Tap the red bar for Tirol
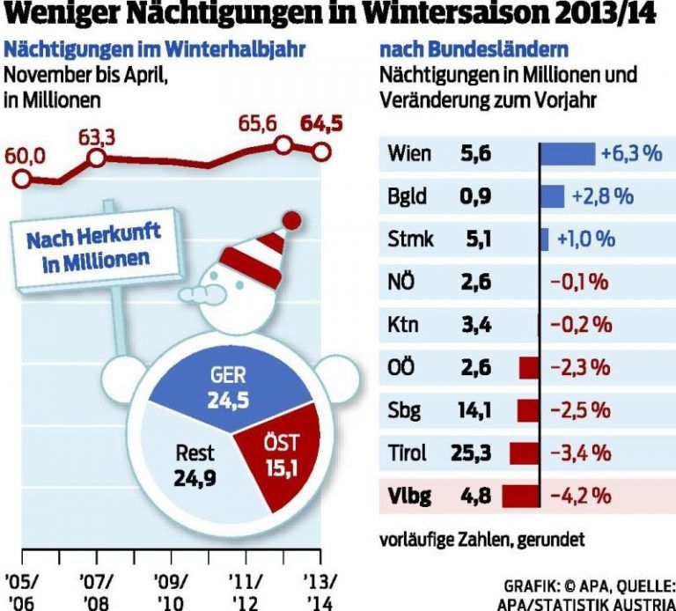(523, 453)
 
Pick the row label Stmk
(410, 239)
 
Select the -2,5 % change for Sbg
(580, 410)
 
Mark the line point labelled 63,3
(98, 158)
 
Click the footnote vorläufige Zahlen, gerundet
(481, 538)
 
